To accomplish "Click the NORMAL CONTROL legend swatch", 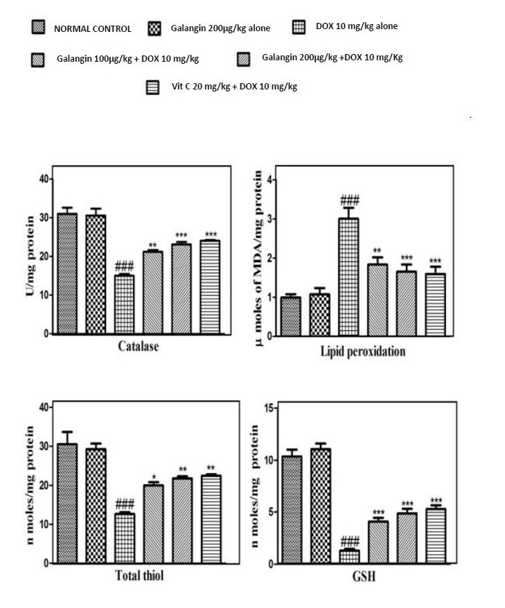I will point(39,28).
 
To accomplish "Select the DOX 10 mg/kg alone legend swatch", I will point(299,27).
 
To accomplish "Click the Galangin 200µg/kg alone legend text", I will point(220,28).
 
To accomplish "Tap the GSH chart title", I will point(368,577).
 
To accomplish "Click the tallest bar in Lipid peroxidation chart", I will point(348,277).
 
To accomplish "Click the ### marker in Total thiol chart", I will point(125,503).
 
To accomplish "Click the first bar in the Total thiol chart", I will point(67,503).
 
